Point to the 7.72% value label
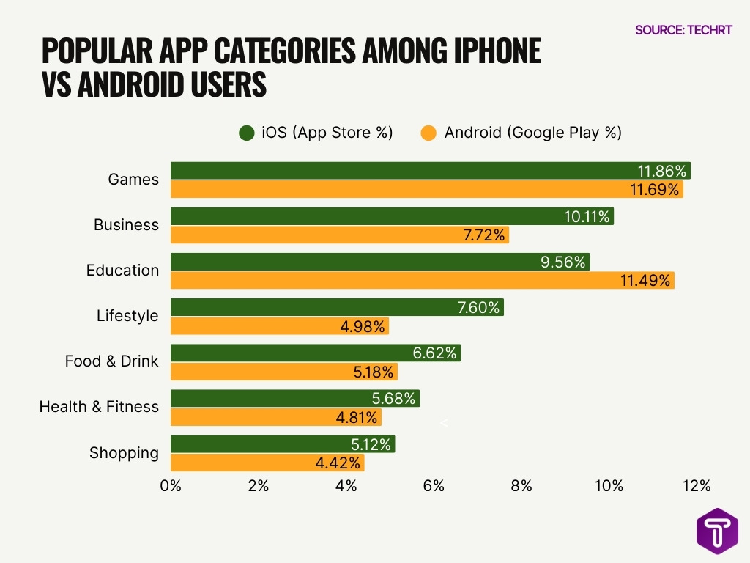483,235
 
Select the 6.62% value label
435,353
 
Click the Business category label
126,225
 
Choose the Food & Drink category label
111,361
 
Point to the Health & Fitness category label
99,407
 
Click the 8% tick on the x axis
521,486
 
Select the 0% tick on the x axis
171,486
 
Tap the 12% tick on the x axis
696,486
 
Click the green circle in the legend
246,133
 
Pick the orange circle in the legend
428,133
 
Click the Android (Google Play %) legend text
532,133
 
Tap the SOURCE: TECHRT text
683,30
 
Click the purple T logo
717,531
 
